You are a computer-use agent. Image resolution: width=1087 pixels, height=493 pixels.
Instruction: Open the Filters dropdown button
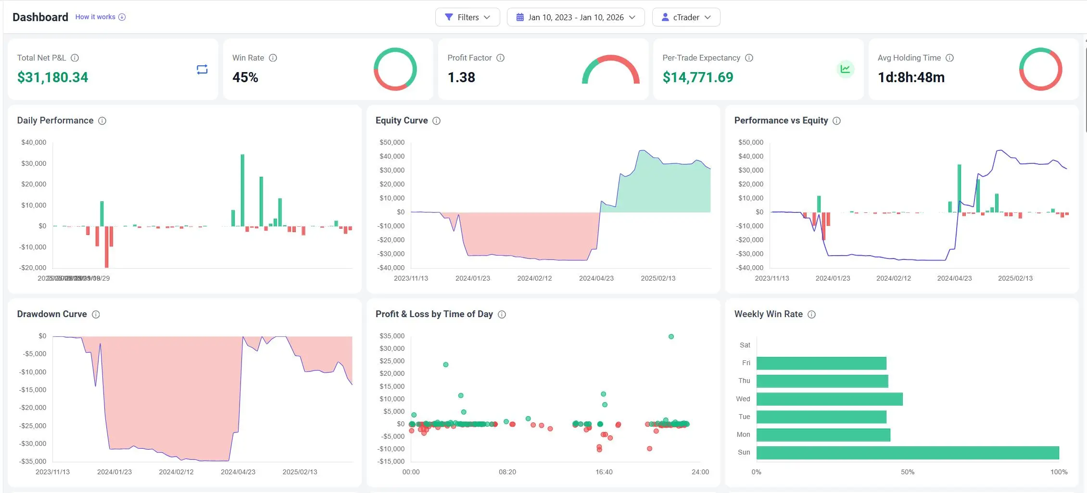[467, 17]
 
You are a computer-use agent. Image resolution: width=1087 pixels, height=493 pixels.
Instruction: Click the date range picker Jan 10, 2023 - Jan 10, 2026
[575, 17]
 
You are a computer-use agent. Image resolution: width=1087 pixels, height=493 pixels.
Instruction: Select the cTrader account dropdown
[685, 17]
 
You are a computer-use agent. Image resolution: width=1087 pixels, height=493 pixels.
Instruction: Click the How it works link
[95, 17]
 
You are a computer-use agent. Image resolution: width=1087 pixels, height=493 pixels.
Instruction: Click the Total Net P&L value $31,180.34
[52, 77]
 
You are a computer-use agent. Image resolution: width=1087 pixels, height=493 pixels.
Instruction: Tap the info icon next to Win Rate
[273, 58]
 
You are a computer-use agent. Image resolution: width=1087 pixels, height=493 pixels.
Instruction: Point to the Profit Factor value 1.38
[461, 77]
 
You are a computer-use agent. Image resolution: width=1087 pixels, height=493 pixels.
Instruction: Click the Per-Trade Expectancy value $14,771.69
[697, 77]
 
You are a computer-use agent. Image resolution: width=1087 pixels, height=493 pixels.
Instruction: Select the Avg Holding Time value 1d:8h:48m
[910, 77]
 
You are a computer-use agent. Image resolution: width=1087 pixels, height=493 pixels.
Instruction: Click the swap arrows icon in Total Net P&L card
[202, 70]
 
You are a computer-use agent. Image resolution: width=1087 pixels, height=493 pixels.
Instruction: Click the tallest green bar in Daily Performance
[242, 190]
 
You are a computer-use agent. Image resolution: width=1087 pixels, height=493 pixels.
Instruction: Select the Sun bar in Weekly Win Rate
[907, 453]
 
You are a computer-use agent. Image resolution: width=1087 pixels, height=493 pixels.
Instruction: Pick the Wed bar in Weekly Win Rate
[829, 399]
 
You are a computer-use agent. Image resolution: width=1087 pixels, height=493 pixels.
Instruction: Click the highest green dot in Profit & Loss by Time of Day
[671, 336]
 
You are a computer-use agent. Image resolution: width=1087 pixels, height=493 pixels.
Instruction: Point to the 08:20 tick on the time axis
[507, 472]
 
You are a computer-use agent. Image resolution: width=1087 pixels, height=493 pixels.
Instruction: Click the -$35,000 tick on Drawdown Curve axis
[33, 461]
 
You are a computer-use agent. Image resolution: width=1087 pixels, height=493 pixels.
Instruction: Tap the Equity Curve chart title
[401, 121]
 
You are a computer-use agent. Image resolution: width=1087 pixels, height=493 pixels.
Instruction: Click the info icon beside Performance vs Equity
[836, 121]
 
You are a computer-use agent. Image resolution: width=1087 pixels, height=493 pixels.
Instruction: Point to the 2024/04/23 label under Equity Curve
[596, 278]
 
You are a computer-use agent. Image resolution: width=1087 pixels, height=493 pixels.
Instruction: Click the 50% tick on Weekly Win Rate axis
[907, 472]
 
